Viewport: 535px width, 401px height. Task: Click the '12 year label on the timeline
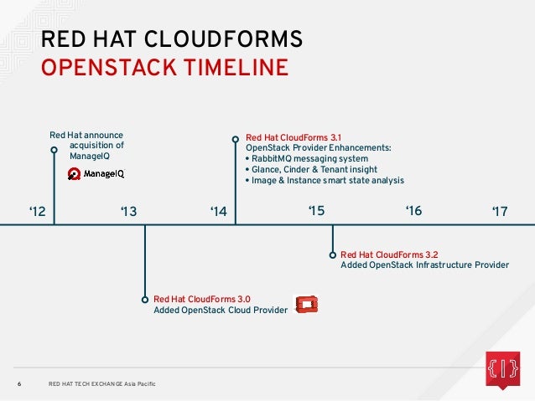coord(37,213)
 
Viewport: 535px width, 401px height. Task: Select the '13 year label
coord(127,213)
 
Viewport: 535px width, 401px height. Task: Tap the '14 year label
coord(219,213)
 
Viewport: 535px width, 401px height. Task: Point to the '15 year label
coord(315,211)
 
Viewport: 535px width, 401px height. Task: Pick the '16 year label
coord(413,211)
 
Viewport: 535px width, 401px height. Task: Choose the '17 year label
coord(501,213)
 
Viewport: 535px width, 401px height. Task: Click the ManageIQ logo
coord(97,173)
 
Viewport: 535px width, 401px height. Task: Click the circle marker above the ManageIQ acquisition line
coord(55,151)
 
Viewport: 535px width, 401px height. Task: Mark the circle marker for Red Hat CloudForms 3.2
coord(333,254)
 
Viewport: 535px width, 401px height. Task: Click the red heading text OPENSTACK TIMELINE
coord(164,68)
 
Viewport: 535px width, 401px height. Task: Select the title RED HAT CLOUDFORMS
coord(172,39)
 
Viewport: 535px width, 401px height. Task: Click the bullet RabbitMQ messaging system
coord(306,158)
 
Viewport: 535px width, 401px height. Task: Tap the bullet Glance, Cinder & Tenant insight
coord(310,169)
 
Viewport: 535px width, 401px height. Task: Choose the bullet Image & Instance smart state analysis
coord(324,180)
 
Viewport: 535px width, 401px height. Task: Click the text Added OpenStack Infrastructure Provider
coord(424,265)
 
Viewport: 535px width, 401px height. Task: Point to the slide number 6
coord(19,384)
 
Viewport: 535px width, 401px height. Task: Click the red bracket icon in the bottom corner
coord(501,368)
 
